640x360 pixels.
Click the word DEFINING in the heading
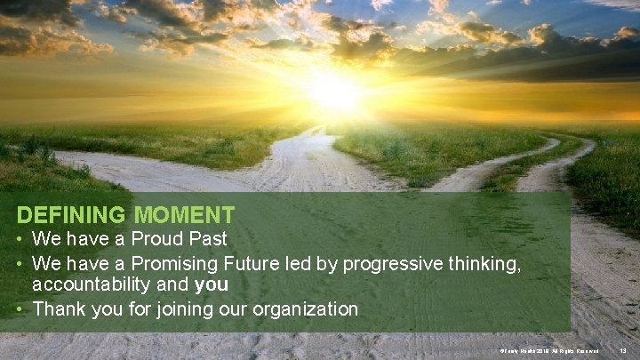pos(72,215)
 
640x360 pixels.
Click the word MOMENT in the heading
pos(185,215)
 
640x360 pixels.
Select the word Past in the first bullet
pos(205,239)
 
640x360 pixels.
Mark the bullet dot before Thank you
pos(21,309)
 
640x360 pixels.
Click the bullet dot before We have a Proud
pos(21,239)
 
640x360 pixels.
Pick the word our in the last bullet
pos(236,309)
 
